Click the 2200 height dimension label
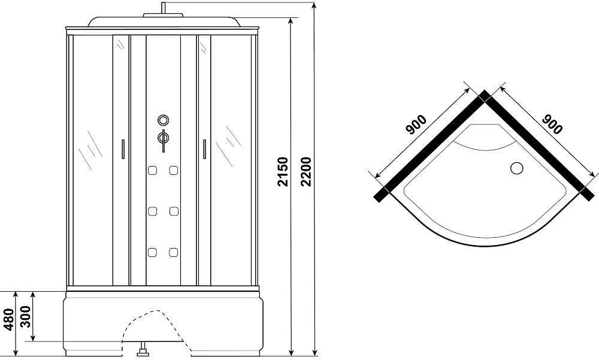306,171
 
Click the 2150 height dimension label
283,171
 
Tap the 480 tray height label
8,319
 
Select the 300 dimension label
26,317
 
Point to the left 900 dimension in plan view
416,125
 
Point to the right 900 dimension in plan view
552,125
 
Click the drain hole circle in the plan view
517,168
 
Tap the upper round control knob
163,120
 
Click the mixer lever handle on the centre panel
163,141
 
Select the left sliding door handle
123,149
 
